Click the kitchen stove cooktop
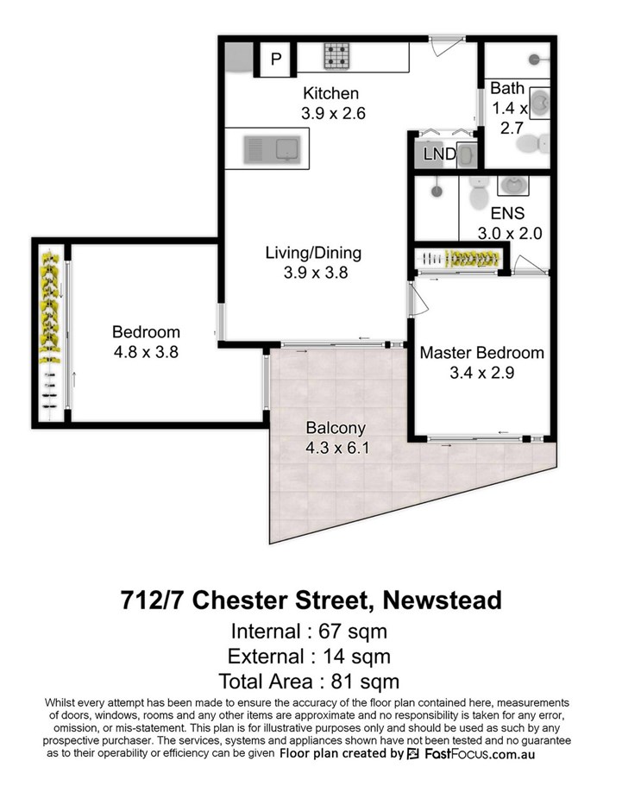coord(336,56)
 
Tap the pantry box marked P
coord(276,59)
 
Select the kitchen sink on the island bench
coord(272,149)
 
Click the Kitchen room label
coord(330,94)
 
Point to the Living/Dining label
coord(313,253)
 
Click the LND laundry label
coord(439,154)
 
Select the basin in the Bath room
coord(540,104)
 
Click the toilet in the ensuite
coord(478,192)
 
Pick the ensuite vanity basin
coord(513,185)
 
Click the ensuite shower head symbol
coord(437,191)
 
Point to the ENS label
coord(507,213)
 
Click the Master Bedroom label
coord(482,353)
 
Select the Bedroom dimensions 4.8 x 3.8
coord(146,352)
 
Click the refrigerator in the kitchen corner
coord(239,57)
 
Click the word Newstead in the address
coord(442,600)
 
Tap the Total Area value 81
coord(342,682)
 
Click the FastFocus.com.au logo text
coord(480,753)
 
